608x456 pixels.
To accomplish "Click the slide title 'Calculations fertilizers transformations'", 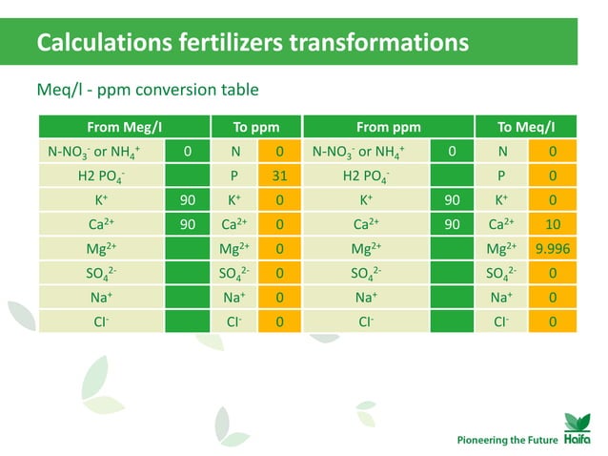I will (x=252, y=43).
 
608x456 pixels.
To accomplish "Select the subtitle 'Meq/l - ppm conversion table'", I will (x=148, y=91).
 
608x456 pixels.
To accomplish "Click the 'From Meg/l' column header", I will (x=124, y=127).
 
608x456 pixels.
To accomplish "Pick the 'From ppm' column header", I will (x=388, y=127).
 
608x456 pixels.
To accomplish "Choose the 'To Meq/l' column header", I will (x=526, y=127).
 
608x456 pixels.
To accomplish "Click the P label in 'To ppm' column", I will (x=234, y=176).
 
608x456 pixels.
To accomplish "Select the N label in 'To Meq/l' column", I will (x=501, y=151).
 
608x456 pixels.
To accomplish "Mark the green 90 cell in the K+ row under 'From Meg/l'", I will (x=188, y=200).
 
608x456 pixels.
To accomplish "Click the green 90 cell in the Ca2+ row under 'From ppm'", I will (x=453, y=225).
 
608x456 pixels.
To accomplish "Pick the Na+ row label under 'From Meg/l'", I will (x=100, y=299).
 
